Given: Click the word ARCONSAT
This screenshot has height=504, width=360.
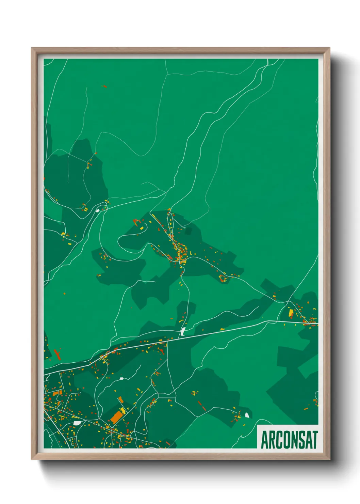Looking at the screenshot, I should (x=289, y=440).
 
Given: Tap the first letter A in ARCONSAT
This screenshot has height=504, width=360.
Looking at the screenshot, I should (x=264, y=440).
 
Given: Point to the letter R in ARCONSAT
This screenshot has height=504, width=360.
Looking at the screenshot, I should (x=272, y=440).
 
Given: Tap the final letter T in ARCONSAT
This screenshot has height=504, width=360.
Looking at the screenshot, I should (x=315, y=440).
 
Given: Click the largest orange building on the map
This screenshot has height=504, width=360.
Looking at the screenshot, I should (x=116, y=417).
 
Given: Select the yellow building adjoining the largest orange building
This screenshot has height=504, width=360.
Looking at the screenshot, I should (x=121, y=410).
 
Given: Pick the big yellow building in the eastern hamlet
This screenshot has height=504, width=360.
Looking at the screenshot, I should (x=291, y=313).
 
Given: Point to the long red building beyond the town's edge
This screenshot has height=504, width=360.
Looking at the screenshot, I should (x=57, y=354).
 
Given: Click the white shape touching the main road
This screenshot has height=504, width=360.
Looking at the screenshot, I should (x=183, y=331).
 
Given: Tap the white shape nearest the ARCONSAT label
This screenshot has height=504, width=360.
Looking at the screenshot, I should (x=247, y=415).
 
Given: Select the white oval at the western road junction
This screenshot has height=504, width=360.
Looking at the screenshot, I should (x=98, y=210).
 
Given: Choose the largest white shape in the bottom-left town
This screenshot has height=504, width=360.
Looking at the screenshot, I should (x=77, y=423).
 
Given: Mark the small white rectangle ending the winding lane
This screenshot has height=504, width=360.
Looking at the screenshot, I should (x=121, y=378).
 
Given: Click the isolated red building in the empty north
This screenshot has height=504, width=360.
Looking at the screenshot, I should (x=104, y=86).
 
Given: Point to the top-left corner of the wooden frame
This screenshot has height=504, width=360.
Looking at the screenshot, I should (x=32, y=48).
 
